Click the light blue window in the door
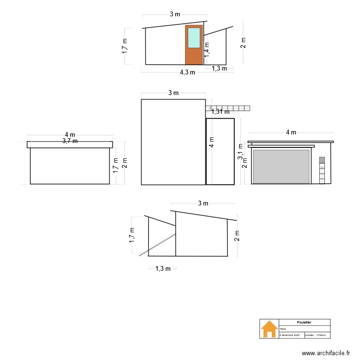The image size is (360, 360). tap(194, 37)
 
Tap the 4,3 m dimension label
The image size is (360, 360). tap(187, 72)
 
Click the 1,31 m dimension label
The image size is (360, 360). tap(220, 112)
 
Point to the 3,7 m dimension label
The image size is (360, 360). tap(70, 141)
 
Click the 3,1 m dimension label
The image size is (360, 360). tap(240, 152)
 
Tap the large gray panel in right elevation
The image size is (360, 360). tap(281, 167)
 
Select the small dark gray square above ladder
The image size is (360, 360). tap(322, 160)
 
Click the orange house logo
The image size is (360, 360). tap(269, 329)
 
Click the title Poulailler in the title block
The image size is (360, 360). tap(304, 323)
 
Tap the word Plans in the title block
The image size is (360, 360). tap(283, 329)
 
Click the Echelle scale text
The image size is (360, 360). tap(315, 335)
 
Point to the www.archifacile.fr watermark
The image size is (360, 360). tap(326, 353)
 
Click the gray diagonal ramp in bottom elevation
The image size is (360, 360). tap(157, 245)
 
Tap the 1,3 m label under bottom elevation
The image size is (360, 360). tap(163, 269)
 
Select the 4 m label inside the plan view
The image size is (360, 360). tap(212, 142)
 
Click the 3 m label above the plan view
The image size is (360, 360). tap(173, 93)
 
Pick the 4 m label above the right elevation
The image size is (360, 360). tap(291, 132)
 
